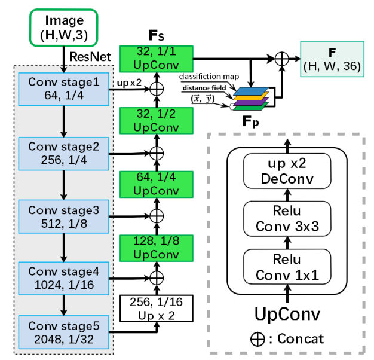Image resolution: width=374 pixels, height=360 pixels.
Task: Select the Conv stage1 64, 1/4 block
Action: tap(64, 89)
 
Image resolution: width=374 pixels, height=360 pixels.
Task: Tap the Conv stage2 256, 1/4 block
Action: tap(64, 152)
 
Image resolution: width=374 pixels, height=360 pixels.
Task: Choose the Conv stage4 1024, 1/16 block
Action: tap(64, 276)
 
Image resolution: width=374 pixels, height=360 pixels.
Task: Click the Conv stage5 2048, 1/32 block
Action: tap(64, 333)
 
